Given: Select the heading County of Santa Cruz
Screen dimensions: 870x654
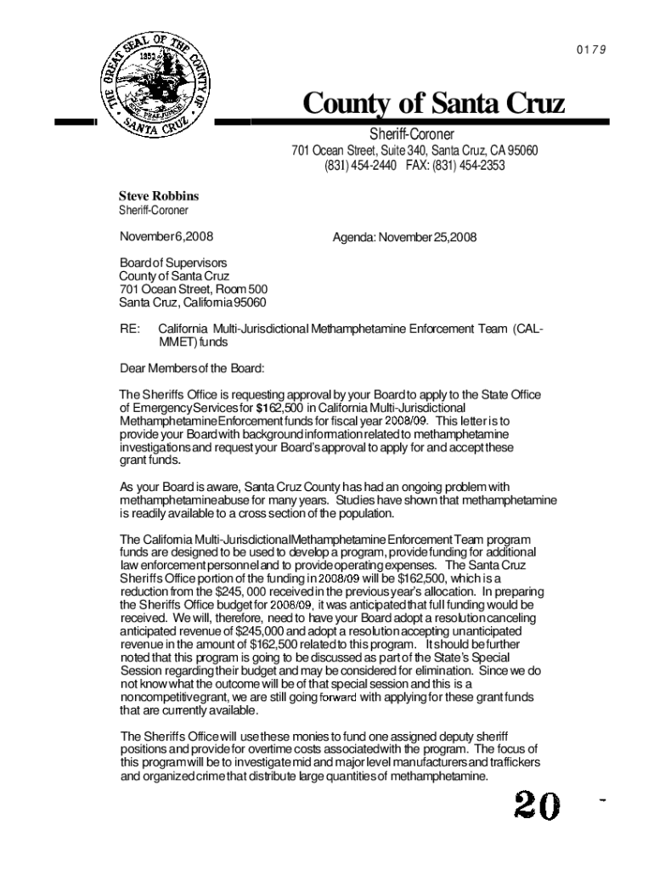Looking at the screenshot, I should click(x=434, y=105).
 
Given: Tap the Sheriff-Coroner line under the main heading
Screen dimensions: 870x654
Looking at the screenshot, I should click(x=411, y=135).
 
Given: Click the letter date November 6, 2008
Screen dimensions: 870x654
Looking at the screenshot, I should click(x=166, y=237).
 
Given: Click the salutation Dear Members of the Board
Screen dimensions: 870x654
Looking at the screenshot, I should click(x=192, y=369).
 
